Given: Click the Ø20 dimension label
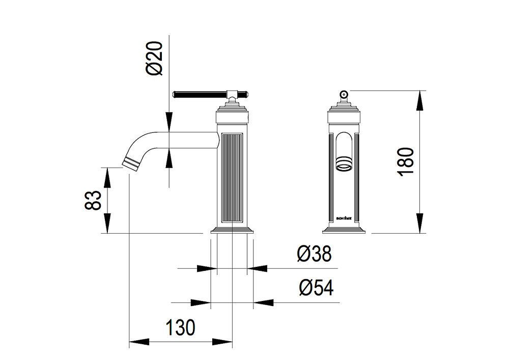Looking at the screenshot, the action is [x=155, y=59].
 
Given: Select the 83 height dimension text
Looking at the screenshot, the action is [x=93, y=200].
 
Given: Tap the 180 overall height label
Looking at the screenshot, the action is [x=406, y=161].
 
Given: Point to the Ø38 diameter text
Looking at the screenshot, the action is [x=314, y=254].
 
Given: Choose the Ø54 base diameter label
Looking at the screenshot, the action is [x=316, y=288].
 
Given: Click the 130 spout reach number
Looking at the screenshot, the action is [x=181, y=327].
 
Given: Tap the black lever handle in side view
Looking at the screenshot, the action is [x=200, y=95].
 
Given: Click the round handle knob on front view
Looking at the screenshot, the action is [x=344, y=94].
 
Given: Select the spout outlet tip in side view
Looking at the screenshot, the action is [x=131, y=162].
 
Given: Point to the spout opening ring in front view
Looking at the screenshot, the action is [x=344, y=164].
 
